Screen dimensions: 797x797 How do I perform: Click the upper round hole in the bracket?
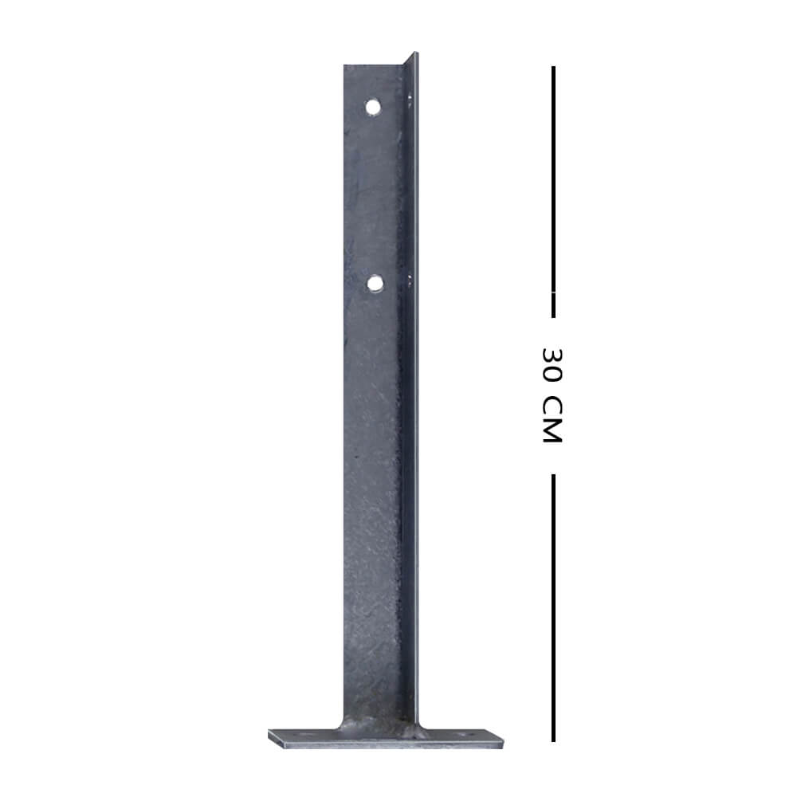[373, 106]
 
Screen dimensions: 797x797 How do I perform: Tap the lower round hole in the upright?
[375, 282]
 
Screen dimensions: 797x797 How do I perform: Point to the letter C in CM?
[552, 407]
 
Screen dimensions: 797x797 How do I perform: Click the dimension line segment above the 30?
[553, 191]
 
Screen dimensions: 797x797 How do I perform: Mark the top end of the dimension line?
[553, 68]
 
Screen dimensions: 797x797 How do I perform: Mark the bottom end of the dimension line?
[553, 740]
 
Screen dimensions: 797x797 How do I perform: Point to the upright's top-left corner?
[345, 66]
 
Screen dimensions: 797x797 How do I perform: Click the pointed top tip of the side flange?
[415, 53]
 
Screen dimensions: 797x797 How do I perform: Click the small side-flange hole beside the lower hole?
[410, 278]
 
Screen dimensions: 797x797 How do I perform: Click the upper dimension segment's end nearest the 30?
[553, 315]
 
